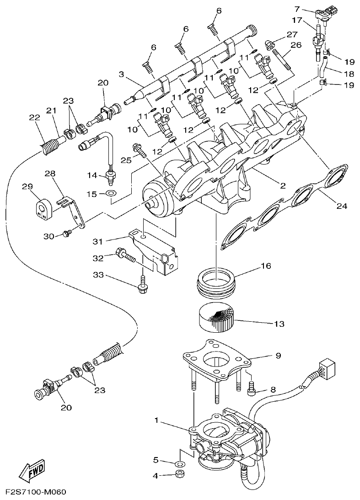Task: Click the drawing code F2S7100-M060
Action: [36, 492]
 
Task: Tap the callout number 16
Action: [266, 265]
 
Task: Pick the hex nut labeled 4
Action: [180, 474]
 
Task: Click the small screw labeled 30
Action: [67, 234]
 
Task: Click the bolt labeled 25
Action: [139, 150]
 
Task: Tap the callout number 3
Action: [121, 74]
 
